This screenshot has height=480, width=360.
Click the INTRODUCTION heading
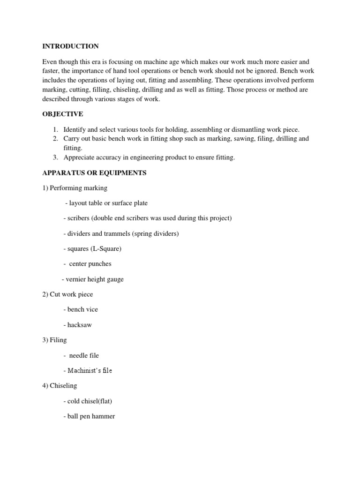[70, 46]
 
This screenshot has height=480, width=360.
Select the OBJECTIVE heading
[63, 114]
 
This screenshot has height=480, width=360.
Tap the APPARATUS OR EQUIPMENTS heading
[94, 173]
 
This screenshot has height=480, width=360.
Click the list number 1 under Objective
[55, 129]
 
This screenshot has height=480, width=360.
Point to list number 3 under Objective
[55, 157]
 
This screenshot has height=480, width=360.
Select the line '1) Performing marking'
[75, 188]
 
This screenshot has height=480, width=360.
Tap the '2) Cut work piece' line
[67, 294]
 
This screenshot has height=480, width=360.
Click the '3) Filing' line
[54, 340]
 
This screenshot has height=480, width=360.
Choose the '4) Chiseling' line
[60, 386]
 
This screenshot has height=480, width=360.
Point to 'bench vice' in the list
[82, 309]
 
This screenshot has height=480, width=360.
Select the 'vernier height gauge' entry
[94, 279]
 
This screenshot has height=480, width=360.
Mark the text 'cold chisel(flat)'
[90, 401]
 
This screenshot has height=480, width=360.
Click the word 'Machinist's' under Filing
[84, 371]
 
